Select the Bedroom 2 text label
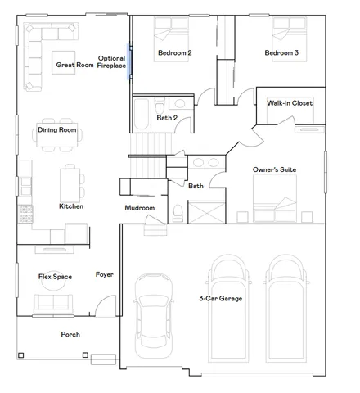tap(173, 53)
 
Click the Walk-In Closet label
tap(290, 103)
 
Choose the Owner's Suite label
tap(274, 169)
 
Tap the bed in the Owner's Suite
tap(274, 198)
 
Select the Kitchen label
tap(71, 206)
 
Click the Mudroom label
tap(139, 208)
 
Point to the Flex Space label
tap(55, 277)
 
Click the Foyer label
tap(104, 274)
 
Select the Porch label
tap(70, 335)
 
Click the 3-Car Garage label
tap(221, 299)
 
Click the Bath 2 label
tap(167, 118)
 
